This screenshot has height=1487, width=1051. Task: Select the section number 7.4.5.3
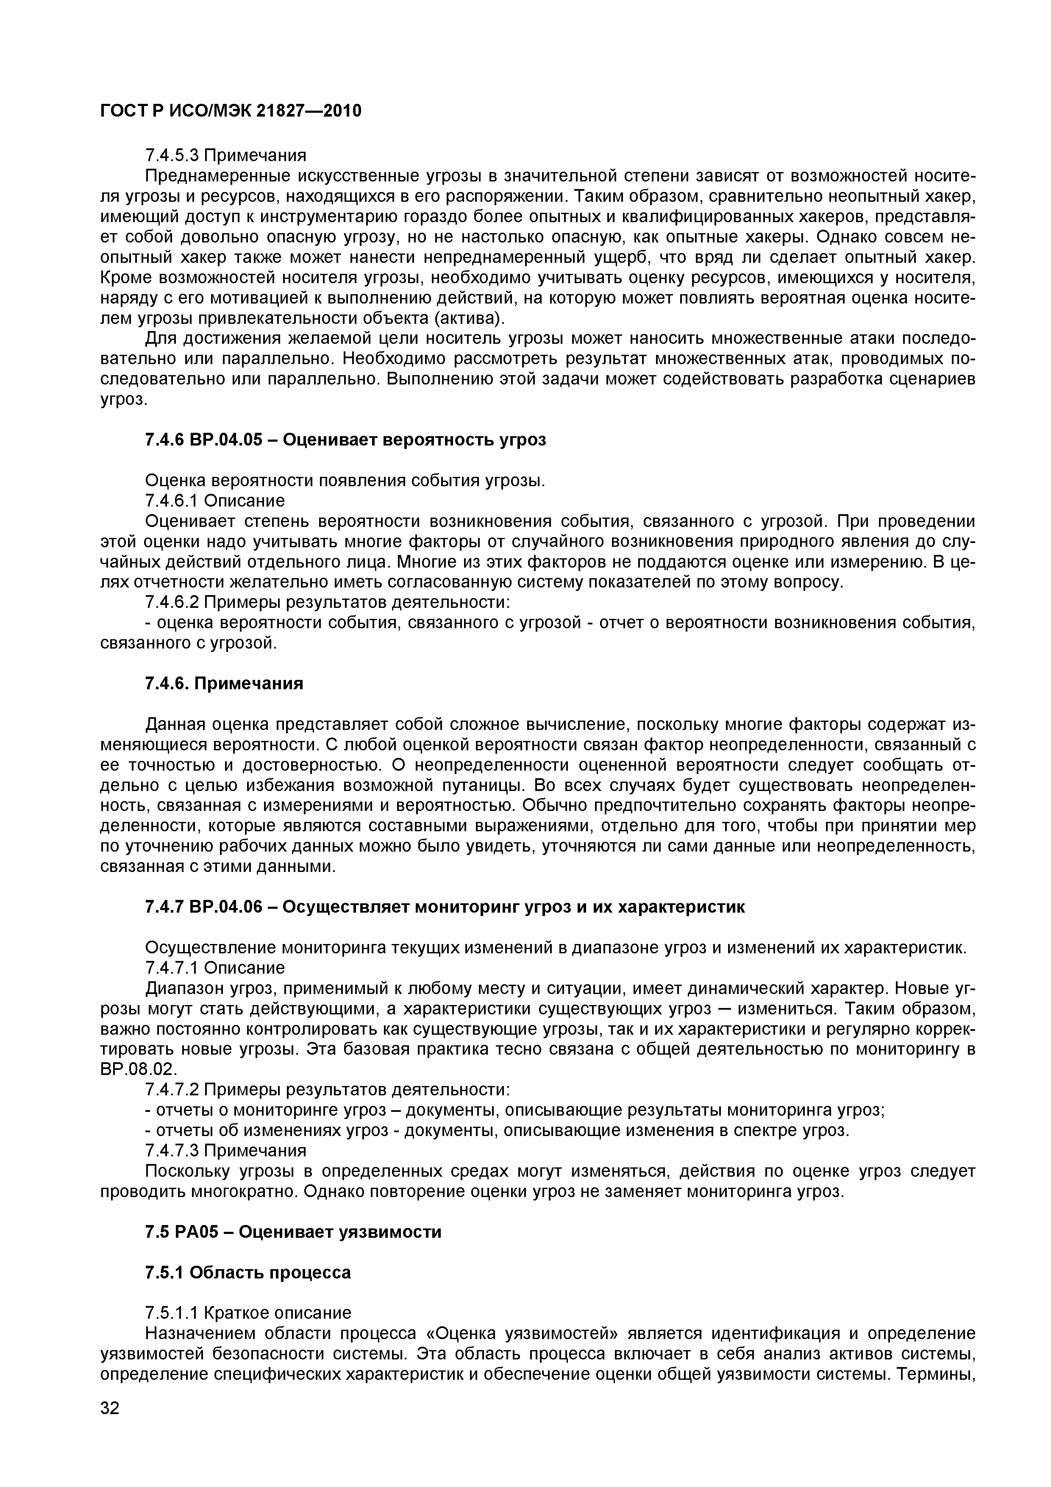tap(172, 156)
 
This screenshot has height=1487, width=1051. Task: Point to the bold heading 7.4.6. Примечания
tap(224, 684)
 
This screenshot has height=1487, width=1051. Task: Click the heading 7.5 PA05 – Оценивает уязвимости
tap(293, 1232)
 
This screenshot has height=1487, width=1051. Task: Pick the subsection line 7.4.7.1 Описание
tap(214, 968)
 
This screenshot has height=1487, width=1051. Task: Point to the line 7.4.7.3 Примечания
tap(225, 1150)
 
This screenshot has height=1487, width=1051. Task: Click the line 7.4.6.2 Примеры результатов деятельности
tap(328, 602)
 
